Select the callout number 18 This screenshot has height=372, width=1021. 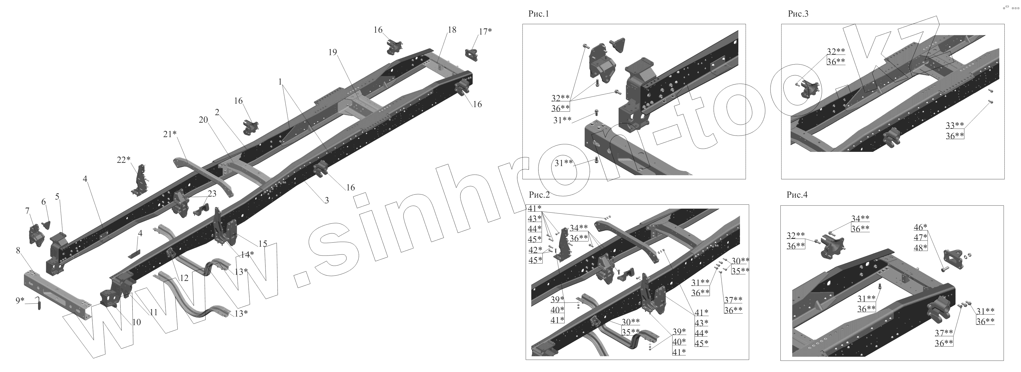(x=452, y=30)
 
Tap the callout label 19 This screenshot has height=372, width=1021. (x=332, y=52)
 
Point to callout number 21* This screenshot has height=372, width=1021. (x=170, y=134)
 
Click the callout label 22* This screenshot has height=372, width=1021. (x=123, y=160)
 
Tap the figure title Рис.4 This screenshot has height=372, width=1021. (x=797, y=195)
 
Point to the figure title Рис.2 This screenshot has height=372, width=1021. (x=539, y=194)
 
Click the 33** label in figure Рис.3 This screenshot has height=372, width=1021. (x=955, y=126)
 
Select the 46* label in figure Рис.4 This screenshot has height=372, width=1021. (x=920, y=227)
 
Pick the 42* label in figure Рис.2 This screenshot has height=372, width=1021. (x=535, y=250)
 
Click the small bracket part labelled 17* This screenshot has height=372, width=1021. (x=472, y=55)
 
